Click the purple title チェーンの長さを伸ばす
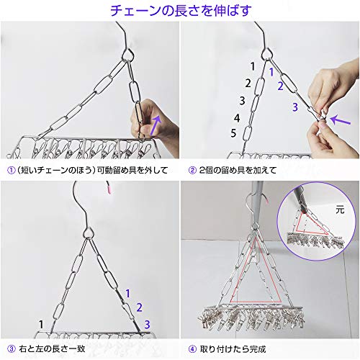181,10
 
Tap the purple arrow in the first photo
156,125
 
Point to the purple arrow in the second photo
341,120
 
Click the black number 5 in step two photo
233,133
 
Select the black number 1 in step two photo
253,66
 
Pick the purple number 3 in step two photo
295,107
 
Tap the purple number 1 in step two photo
271,72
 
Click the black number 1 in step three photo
41,325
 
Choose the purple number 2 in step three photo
139,307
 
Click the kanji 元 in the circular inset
340,210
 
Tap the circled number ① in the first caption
12,170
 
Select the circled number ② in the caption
192,170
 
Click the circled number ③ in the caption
12,348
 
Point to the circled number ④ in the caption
192,349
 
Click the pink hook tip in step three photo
109,188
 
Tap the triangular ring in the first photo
128,54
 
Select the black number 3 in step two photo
242,101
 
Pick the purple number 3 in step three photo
147,325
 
